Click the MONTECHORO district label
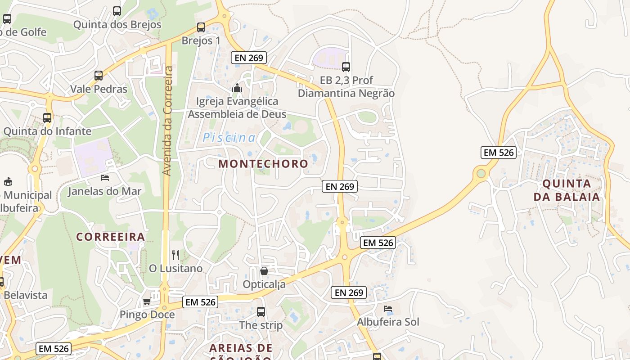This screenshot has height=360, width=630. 263,164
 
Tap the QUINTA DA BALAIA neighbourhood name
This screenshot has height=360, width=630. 567,190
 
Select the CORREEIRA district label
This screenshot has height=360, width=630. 110,237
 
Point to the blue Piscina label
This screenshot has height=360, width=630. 229,138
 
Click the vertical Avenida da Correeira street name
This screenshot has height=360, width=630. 167,121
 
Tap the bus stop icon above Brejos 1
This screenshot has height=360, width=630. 201,27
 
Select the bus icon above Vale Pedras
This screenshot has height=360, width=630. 99,76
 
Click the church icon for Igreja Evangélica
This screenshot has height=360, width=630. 237,88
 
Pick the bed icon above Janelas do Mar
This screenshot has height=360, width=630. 105,178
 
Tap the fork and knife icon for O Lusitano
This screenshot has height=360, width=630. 175,255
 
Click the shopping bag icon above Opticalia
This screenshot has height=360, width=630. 264,271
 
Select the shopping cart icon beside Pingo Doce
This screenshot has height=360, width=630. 147,301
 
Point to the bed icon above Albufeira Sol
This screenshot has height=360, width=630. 388,309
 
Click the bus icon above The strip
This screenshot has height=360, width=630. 261,311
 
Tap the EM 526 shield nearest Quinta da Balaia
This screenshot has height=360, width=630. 498,153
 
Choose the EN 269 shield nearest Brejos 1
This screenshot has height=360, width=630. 249,58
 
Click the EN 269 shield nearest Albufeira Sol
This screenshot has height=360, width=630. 349,292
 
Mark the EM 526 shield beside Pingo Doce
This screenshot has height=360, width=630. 201,302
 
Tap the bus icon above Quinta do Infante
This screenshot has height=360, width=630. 47,118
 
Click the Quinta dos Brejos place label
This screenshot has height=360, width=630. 117,24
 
